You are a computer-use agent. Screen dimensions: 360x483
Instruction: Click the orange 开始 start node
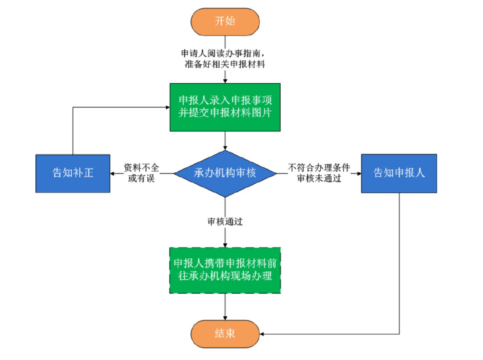point(225,21)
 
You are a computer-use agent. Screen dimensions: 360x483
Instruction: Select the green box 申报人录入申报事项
point(225,107)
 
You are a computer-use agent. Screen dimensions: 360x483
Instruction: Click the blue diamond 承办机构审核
point(225,174)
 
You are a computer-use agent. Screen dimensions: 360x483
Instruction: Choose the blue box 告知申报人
point(399,173)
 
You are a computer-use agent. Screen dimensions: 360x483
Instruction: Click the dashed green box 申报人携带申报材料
point(225,270)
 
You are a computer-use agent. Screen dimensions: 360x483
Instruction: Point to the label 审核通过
point(225,222)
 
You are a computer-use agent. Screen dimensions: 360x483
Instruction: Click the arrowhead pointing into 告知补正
point(114,174)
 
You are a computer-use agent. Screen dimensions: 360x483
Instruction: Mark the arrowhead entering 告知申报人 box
point(358,174)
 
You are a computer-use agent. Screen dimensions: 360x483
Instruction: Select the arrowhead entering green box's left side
point(167,107)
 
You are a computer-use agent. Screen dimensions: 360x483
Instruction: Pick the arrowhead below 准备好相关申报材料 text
point(225,80)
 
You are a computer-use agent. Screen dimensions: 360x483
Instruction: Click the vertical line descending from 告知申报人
point(399,262)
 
